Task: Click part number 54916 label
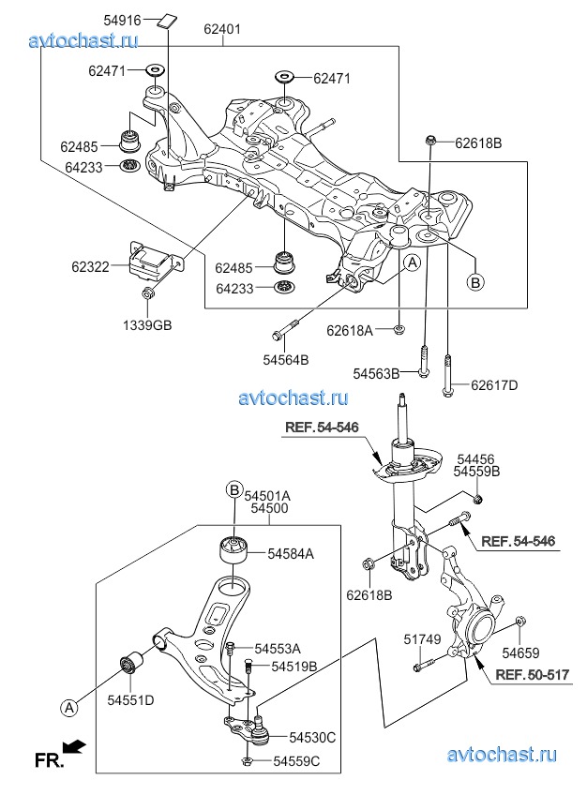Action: tap(121, 19)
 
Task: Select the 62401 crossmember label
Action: tap(222, 29)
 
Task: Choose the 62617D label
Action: tap(494, 384)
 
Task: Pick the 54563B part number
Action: tap(376, 373)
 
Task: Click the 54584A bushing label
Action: tap(291, 554)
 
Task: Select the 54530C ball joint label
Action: tap(312, 739)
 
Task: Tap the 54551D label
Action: tap(130, 699)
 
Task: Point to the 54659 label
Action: tap(520, 652)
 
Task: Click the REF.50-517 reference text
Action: tap(532, 674)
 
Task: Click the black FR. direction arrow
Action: tap(75, 746)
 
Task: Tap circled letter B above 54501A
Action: tap(233, 488)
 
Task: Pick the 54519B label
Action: tap(294, 666)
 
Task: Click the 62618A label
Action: tap(350, 330)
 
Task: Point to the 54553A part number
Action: tap(277, 648)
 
